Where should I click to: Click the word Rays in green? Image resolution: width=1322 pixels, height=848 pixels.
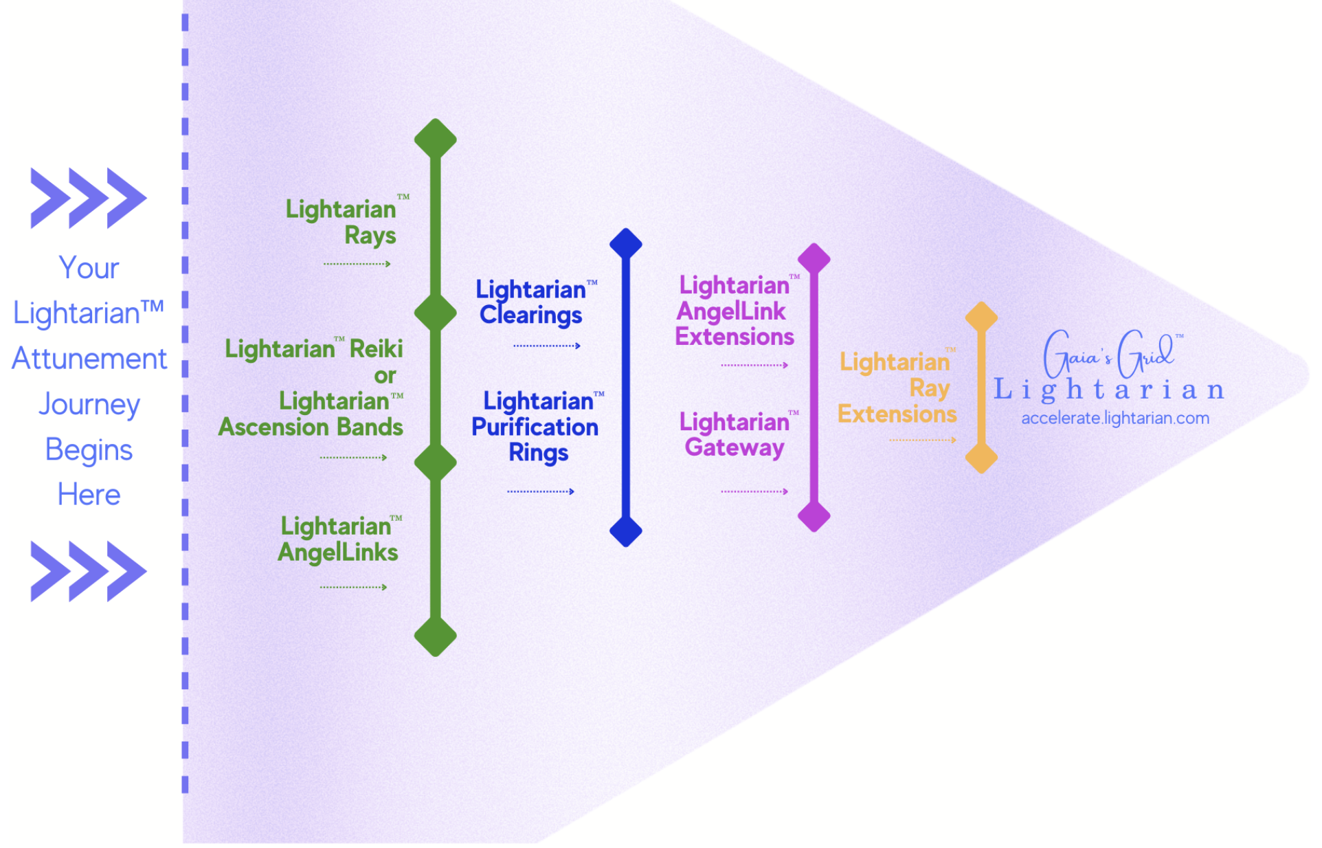370,236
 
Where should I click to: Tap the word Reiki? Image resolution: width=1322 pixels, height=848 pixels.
376,349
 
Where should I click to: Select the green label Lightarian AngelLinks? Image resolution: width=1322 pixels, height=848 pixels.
338,539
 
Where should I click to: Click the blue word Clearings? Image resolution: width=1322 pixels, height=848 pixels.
530,315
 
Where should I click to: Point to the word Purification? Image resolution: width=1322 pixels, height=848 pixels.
535,427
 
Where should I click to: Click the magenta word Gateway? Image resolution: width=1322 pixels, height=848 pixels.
734,448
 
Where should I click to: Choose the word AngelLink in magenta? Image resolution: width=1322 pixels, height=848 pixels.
730,312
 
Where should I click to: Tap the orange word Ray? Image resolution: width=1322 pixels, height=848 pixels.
929,388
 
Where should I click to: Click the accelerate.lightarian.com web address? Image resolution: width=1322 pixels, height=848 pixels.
1114,419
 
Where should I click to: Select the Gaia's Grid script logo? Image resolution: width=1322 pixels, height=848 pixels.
1110,354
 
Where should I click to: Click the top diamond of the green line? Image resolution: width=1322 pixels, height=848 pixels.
435,139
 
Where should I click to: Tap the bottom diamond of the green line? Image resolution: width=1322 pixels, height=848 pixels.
435,636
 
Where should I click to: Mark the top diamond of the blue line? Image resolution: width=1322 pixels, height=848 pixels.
625,244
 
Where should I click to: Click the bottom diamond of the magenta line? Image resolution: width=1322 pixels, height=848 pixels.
814,516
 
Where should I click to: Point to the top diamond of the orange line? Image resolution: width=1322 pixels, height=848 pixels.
981,317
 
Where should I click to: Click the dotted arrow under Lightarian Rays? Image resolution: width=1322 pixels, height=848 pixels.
357,264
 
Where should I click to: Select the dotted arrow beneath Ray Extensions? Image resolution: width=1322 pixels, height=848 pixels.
922,440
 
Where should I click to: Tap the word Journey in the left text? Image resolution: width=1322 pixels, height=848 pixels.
89,404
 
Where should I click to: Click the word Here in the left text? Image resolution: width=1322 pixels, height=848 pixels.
89,495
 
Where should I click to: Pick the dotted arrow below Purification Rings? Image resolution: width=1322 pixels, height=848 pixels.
540,491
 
